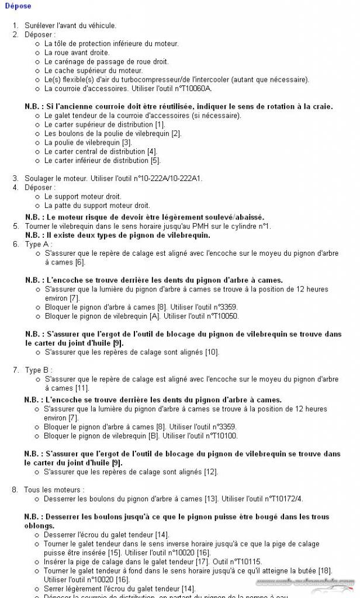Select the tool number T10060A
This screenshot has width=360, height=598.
pyautogui.click(x=193, y=89)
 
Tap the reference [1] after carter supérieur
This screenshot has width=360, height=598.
pyautogui.click(x=160, y=124)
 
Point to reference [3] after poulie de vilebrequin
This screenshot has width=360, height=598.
pyautogui.click(x=126, y=142)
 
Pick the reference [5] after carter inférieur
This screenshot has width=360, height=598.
pyautogui.click(x=155, y=161)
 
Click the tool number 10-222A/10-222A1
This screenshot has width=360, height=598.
pyautogui.click(x=171, y=178)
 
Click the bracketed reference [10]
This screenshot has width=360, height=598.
pyautogui.click(x=212, y=352)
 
